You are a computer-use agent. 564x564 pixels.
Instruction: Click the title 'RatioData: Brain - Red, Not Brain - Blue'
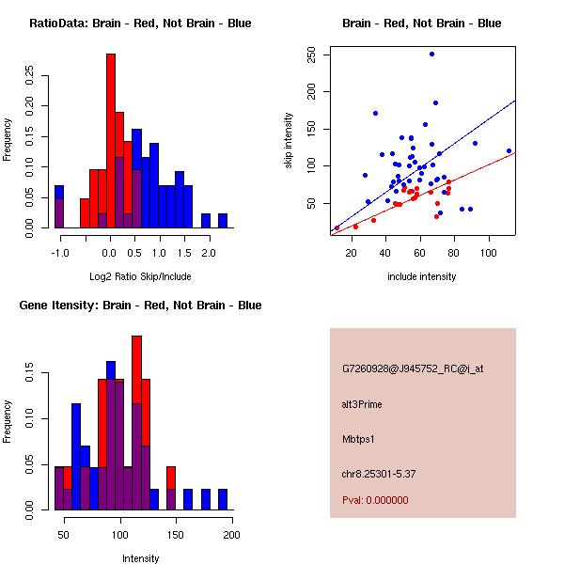(140, 23)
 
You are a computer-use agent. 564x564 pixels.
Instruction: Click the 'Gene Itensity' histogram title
(140, 305)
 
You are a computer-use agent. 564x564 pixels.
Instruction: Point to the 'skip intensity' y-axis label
(289, 141)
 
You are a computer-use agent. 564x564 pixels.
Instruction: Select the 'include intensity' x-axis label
(422, 276)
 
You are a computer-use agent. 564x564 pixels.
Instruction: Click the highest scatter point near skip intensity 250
(431, 55)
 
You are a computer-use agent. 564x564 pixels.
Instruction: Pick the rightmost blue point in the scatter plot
(509, 150)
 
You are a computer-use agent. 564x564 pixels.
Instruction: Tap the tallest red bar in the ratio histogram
(111, 141)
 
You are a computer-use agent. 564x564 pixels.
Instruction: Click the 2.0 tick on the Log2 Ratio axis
(209, 253)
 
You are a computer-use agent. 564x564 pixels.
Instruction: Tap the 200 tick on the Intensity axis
(231, 535)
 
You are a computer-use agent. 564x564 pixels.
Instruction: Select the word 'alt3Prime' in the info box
(362, 404)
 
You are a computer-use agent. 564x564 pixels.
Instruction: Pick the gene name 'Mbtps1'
(358, 438)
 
